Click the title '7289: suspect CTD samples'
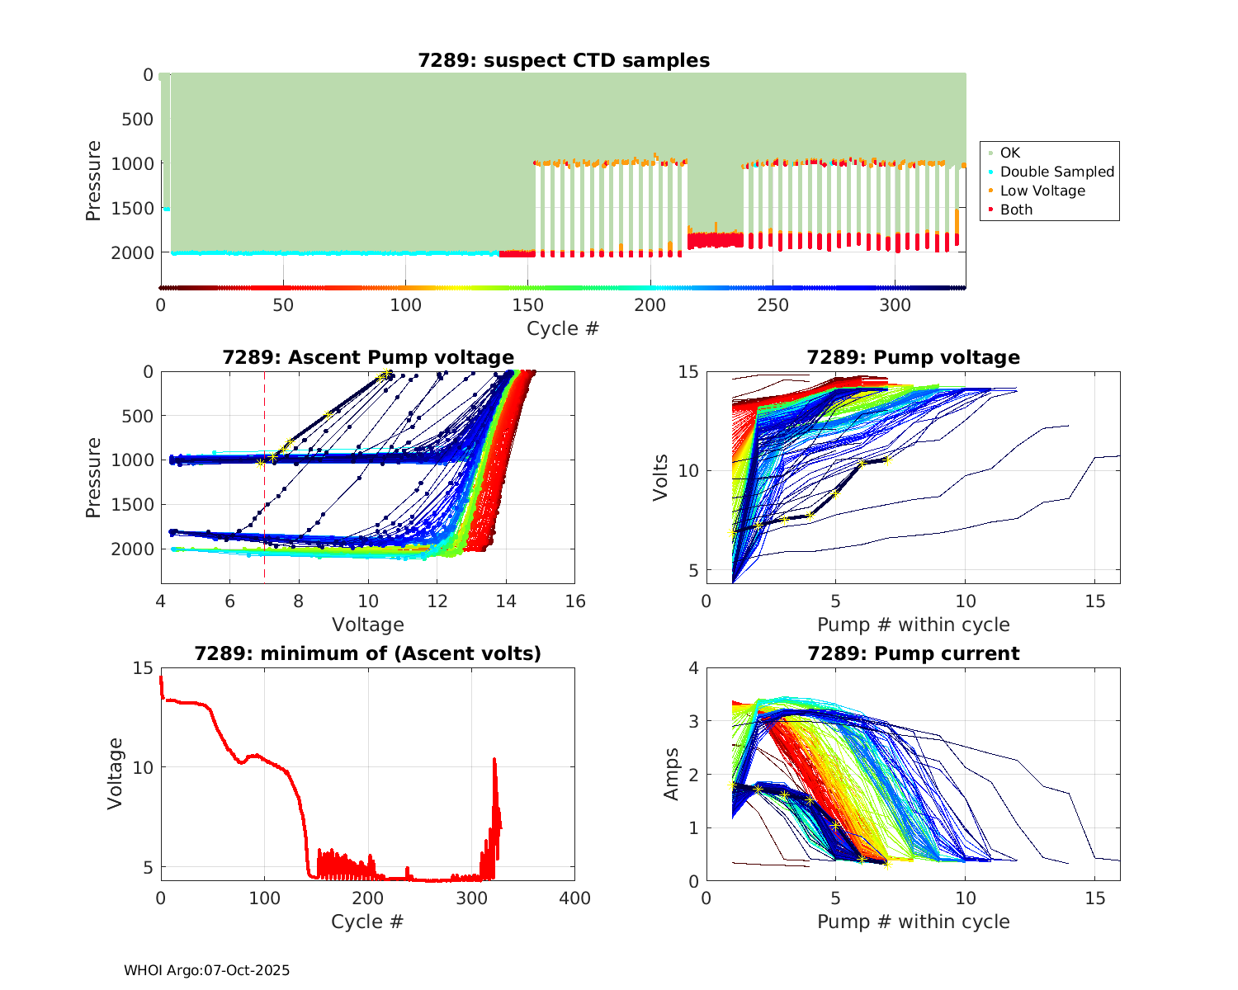564,60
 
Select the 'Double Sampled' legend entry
1056,172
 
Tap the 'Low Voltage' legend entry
1042,191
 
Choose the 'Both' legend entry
1016,210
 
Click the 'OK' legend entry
1009,153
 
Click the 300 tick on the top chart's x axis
895,305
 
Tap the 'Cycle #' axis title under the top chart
563,328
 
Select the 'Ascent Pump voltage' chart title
368,357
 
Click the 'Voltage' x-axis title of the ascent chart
368,625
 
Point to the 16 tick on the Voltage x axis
575,601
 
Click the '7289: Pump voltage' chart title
913,357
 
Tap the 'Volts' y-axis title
660,477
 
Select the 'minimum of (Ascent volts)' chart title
368,653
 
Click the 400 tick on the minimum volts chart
575,898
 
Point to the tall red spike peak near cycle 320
494,759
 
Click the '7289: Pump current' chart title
913,653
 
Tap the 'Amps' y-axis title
672,774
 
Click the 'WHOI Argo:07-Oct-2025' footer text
206,970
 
